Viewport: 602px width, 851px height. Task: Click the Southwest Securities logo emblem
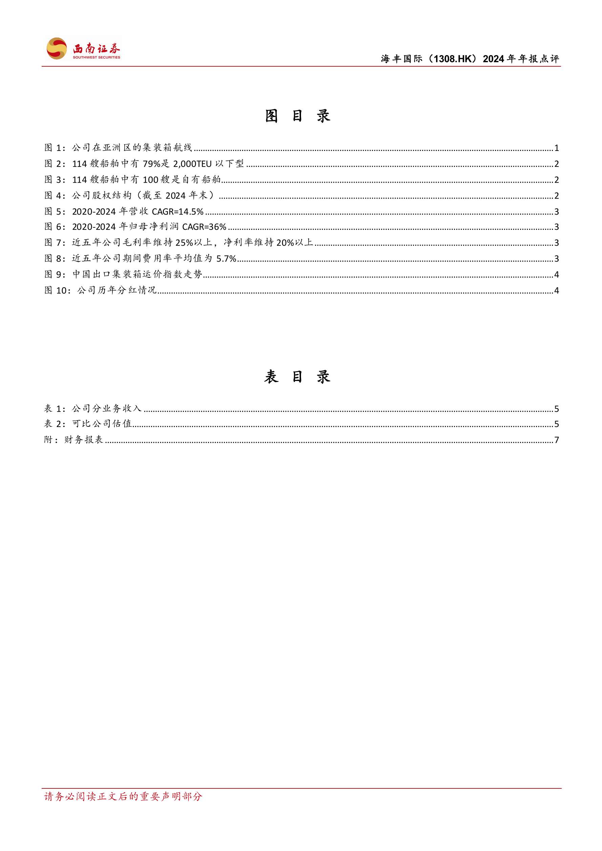tap(57, 48)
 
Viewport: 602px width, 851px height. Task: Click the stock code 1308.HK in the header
tap(454, 59)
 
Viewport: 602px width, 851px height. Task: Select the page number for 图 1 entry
tap(556, 148)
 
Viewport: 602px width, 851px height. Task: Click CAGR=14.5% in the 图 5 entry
tap(178, 211)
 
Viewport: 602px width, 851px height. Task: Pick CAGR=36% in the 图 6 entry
tap(204, 227)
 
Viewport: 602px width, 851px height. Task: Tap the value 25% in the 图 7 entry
tap(184, 243)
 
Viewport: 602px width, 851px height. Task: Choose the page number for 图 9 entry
tap(556, 275)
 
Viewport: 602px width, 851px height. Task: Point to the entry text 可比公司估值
tap(102, 424)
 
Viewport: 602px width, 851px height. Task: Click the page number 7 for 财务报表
tap(556, 440)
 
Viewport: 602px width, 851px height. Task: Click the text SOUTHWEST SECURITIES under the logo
tap(96, 58)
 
